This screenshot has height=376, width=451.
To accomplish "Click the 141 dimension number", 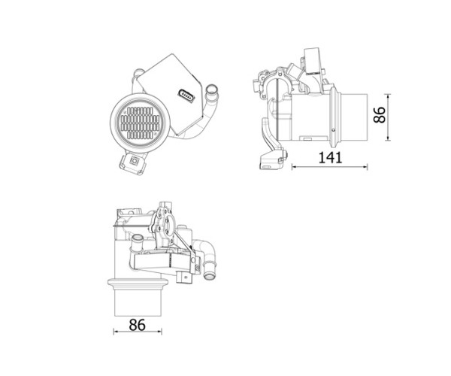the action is pyautogui.click(x=330, y=158).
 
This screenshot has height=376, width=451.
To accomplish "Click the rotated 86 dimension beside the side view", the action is pyautogui.click(x=380, y=115).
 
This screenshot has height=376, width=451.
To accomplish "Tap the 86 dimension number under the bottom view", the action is pyautogui.click(x=138, y=325).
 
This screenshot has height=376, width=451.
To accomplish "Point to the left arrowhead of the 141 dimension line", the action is pyautogui.click(x=294, y=166).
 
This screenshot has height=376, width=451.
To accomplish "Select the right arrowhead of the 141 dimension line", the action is pyautogui.click(x=365, y=166).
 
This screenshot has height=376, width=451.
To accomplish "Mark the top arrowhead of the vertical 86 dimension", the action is pyautogui.click(x=388, y=96).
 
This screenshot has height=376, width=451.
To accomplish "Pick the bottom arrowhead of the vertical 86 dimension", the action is pyautogui.click(x=388, y=138).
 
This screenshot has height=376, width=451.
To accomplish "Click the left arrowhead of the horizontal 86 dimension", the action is pyautogui.click(x=116, y=332).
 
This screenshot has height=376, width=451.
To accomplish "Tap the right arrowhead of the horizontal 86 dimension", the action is pyautogui.click(x=159, y=332).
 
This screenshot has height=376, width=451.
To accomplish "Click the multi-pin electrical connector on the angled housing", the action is pyautogui.click(x=186, y=96).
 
